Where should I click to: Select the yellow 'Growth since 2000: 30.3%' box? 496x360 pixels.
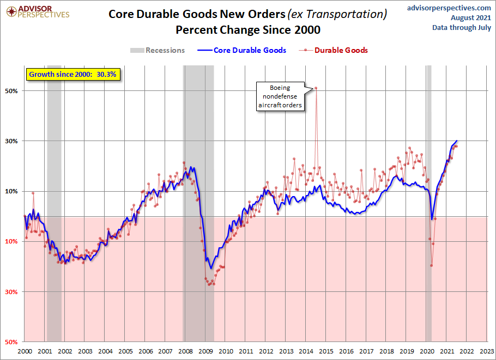coord(72,74)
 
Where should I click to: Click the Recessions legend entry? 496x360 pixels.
coord(158,50)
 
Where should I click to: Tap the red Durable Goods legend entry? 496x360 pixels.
coord(335,50)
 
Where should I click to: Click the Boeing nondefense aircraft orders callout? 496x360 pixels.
coord(280,96)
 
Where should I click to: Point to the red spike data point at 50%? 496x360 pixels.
coord(316,88)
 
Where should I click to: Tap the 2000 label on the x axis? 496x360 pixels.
coord(25,351)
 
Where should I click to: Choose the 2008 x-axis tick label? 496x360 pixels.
coord(186,351)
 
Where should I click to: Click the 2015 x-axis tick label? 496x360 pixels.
coord(326,351)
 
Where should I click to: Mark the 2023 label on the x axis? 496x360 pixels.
coord(487,351)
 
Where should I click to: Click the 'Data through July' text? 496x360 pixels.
coord(462,28)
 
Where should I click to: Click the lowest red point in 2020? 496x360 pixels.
coord(431,265)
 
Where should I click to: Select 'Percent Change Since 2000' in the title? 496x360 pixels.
coord(248,29)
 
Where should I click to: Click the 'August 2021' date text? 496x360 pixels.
coord(472,18)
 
